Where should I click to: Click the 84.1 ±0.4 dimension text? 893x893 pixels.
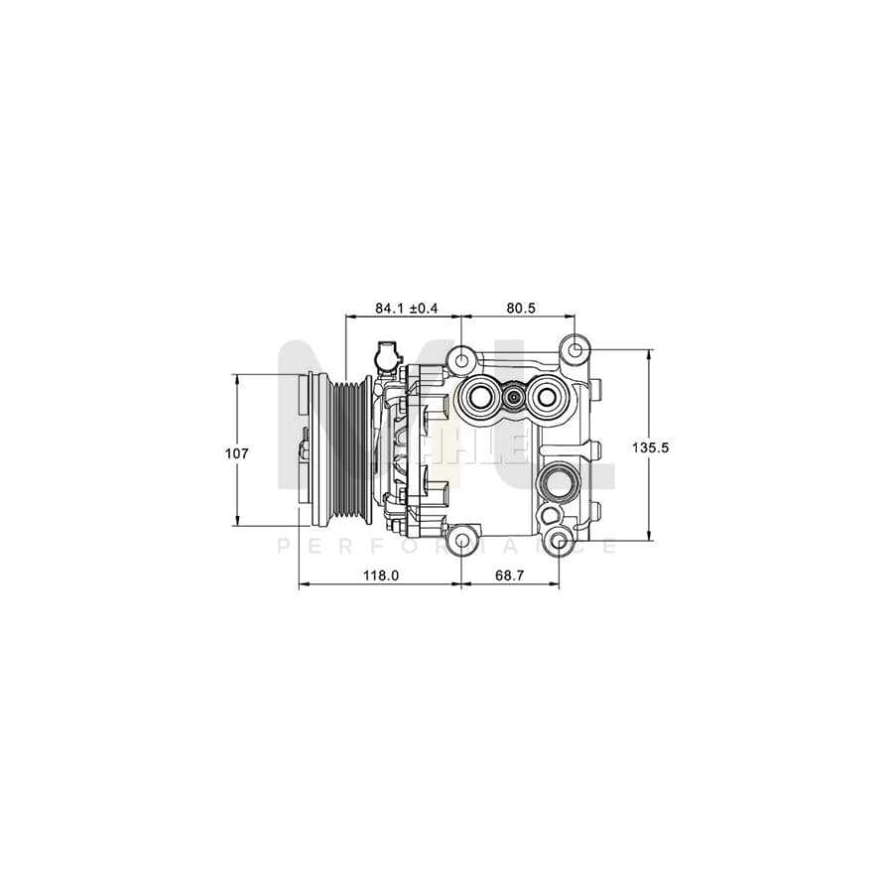406,309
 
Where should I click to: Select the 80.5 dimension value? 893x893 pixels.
520,309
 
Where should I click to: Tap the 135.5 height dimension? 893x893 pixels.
651,447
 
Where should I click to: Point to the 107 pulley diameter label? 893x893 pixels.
237,452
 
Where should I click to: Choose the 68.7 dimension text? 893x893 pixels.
510,575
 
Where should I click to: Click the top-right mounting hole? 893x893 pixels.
574,349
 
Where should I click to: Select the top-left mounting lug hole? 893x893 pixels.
461,359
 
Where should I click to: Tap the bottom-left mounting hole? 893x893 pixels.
461,542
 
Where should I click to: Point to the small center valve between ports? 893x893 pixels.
513,398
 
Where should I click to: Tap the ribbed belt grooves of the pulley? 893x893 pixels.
348,448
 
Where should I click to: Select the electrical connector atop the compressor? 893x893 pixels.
385,355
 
